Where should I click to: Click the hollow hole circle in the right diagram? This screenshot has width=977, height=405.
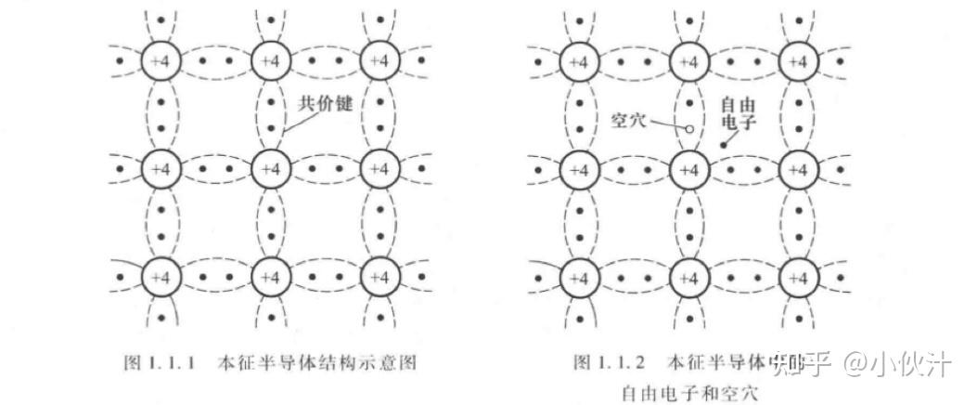[688, 130]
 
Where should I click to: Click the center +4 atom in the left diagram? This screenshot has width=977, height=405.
[270, 169]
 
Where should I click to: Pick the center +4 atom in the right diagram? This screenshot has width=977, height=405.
[688, 170]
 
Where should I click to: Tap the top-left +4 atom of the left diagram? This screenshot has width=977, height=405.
[161, 62]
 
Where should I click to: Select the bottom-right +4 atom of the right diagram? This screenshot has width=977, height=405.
[796, 278]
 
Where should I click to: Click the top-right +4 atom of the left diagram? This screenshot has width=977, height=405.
[378, 62]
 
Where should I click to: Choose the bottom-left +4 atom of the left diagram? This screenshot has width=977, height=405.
[161, 277]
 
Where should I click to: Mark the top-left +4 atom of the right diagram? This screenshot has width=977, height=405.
[579, 62]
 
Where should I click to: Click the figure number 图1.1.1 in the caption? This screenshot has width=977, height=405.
[160, 360]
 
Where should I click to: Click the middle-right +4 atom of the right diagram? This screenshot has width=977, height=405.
[796, 170]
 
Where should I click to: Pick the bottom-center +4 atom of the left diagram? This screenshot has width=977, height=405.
[270, 277]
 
